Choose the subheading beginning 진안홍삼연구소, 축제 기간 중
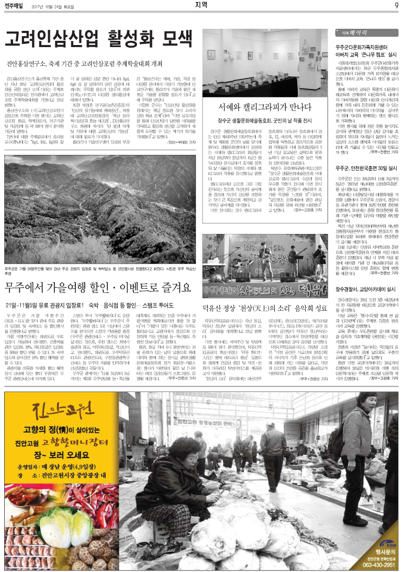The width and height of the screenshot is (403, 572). click(86, 65)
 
